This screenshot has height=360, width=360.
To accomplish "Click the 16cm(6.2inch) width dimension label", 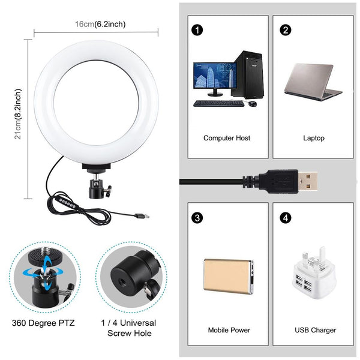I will [x=100, y=24].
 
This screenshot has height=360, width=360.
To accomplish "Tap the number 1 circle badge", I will [x=196, y=29].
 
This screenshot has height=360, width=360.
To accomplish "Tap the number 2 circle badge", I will [x=286, y=29].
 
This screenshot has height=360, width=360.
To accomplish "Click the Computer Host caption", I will [x=226, y=138].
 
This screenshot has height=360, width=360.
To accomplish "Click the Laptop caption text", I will [x=313, y=138].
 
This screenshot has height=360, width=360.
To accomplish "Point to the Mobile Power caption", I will [x=229, y=330].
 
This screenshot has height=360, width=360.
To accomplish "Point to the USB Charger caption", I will [x=315, y=330].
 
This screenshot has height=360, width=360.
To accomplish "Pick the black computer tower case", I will [x=250, y=74].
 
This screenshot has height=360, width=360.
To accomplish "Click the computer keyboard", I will [x=218, y=103].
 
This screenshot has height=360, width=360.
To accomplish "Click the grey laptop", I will [x=314, y=81].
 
